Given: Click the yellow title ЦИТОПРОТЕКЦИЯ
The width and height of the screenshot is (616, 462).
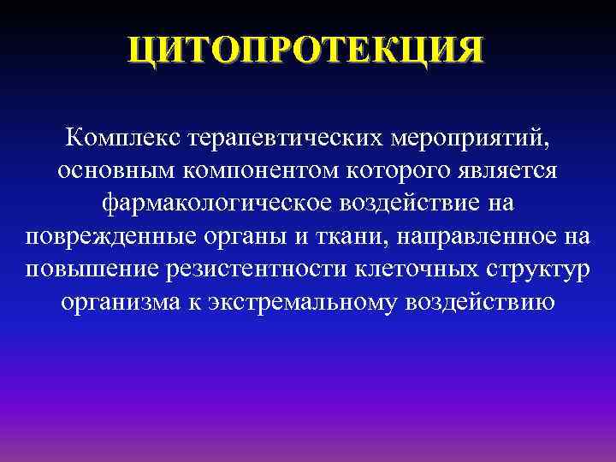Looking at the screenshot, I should pos(305,49).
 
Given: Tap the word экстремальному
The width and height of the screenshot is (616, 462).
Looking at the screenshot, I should pos(316,304).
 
